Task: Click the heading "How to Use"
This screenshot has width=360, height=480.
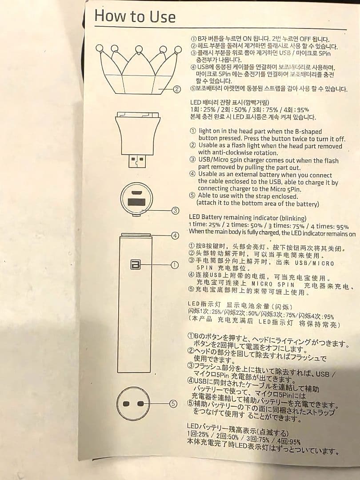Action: [x=135, y=16]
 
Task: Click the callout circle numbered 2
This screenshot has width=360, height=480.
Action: [x=177, y=89]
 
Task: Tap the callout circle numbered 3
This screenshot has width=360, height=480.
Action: [x=176, y=211]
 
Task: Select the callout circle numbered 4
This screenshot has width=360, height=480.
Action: [x=176, y=236]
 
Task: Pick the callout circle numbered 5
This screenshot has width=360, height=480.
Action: [x=174, y=404]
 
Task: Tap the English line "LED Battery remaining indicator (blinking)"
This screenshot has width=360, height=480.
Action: [x=248, y=218]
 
